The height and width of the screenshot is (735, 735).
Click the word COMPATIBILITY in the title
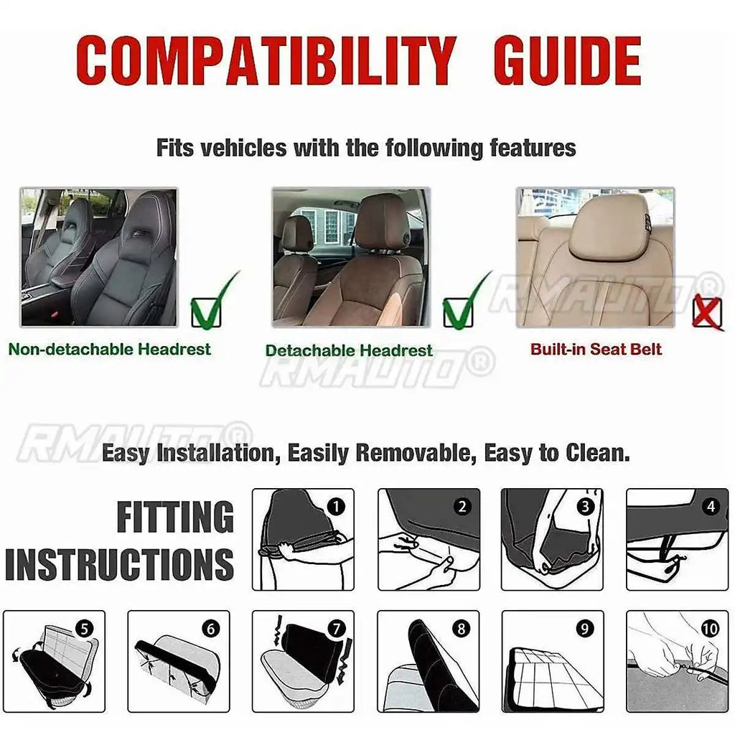(266, 60)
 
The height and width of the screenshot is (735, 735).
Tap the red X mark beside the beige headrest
(707, 314)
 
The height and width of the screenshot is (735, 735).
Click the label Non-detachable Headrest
(110, 350)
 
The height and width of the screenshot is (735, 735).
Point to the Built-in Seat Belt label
(596, 350)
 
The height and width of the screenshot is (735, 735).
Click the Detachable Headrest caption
(349, 350)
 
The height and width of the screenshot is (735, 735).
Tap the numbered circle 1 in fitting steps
(336, 507)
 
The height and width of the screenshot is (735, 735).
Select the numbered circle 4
(711, 507)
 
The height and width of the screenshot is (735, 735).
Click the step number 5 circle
(85, 629)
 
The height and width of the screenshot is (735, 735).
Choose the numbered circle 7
(336, 629)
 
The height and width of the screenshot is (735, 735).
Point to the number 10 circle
(710, 629)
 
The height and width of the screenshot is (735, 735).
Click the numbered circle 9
(586, 629)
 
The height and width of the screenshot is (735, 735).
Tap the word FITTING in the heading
(175, 518)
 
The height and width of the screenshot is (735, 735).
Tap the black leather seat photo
(99, 257)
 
